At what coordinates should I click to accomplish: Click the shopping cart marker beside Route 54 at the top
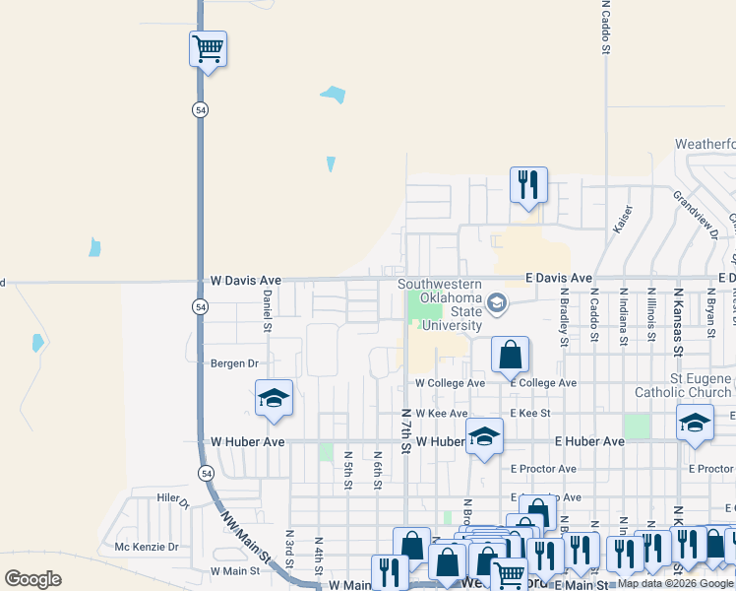[208, 48]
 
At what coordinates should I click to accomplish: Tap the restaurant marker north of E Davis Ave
[528, 185]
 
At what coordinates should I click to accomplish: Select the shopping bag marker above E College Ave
[510, 356]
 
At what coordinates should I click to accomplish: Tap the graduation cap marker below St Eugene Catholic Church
[695, 424]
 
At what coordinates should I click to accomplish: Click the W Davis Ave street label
[246, 281]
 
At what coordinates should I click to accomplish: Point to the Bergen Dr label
[233, 363]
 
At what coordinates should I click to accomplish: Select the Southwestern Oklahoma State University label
[440, 304]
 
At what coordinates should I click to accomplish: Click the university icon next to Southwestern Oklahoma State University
[497, 303]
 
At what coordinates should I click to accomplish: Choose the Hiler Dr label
[171, 498]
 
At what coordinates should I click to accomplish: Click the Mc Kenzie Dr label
[147, 547]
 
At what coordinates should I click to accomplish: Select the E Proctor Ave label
[543, 469]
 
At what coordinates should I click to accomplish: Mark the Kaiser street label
[622, 219]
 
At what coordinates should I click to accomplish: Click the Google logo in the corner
[32, 579]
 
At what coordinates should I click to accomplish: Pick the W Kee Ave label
[441, 414]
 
